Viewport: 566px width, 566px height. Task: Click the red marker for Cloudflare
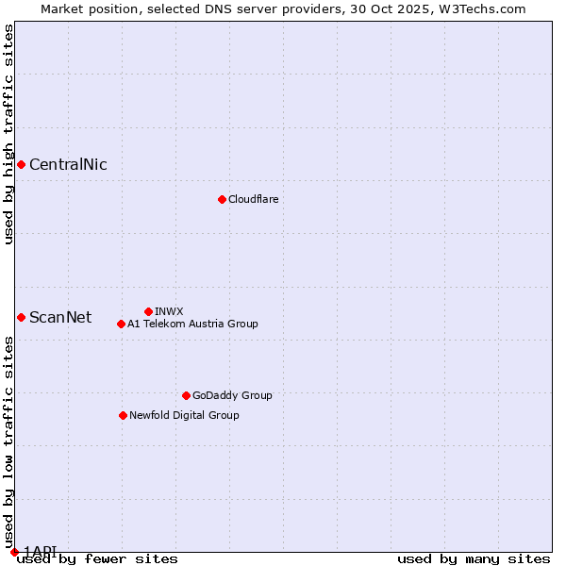(222, 199)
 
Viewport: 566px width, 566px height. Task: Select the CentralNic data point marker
(21, 165)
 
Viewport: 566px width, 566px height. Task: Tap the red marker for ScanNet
(21, 317)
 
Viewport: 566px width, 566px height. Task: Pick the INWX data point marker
(148, 311)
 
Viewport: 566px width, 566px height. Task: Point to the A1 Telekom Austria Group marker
(121, 324)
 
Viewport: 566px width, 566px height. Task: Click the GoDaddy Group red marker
(186, 395)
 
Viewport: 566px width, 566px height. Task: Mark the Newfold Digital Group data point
(123, 415)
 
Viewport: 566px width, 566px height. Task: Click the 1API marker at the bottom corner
(14, 551)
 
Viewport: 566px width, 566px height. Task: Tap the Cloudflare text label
(254, 199)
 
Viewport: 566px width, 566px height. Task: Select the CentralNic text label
(68, 165)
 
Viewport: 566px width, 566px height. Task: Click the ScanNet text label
(60, 317)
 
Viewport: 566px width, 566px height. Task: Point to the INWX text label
(169, 311)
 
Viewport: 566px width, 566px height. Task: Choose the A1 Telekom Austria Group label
(192, 324)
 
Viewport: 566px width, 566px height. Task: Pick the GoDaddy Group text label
(232, 395)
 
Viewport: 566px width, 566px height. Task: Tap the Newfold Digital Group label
(184, 415)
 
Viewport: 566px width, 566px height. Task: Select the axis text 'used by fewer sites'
(97, 559)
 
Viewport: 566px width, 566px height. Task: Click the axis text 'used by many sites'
(474, 559)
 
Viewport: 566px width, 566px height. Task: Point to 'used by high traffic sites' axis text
(8, 134)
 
